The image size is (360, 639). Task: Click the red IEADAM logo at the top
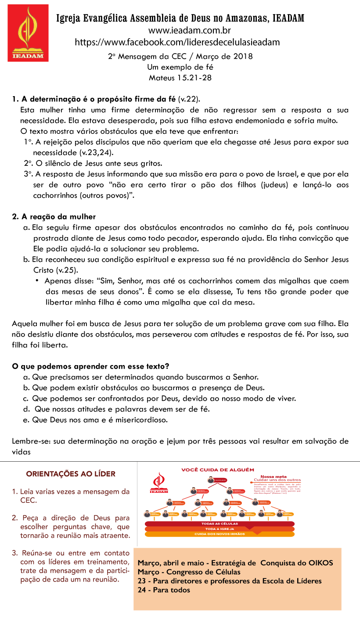coord(28,33)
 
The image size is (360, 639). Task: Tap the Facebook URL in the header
coord(177,42)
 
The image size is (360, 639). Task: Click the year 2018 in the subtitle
coord(243,57)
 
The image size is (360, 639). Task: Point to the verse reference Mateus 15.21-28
coord(180,78)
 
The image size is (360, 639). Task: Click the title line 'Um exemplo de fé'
coord(180,67)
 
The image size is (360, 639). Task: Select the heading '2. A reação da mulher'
coord(54,217)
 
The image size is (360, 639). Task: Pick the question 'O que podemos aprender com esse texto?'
coord(90,366)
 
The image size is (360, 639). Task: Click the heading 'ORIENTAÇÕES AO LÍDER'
coord(71,474)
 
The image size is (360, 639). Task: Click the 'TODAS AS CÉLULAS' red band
coord(220,524)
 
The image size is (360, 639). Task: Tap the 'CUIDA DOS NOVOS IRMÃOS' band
coord(220,534)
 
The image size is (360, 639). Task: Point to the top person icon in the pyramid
coord(211,480)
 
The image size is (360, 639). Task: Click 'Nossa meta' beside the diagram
coord(274,476)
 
